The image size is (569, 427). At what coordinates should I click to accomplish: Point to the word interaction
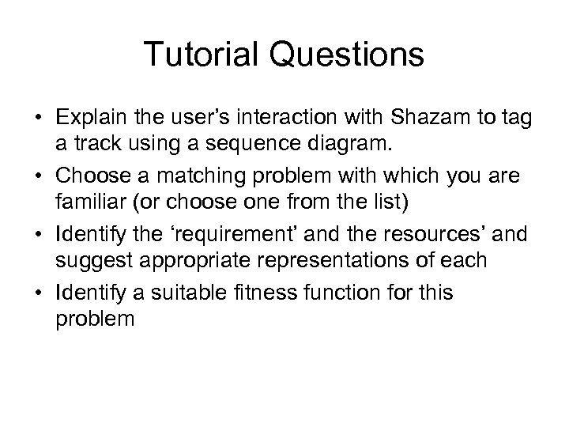(311, 119)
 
